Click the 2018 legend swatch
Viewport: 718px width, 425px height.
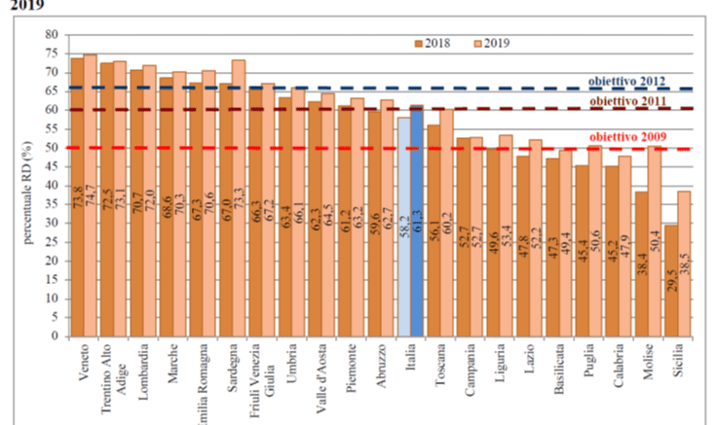418,43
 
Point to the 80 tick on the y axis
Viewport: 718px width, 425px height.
55,35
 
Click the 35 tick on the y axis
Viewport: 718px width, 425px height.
55,205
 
